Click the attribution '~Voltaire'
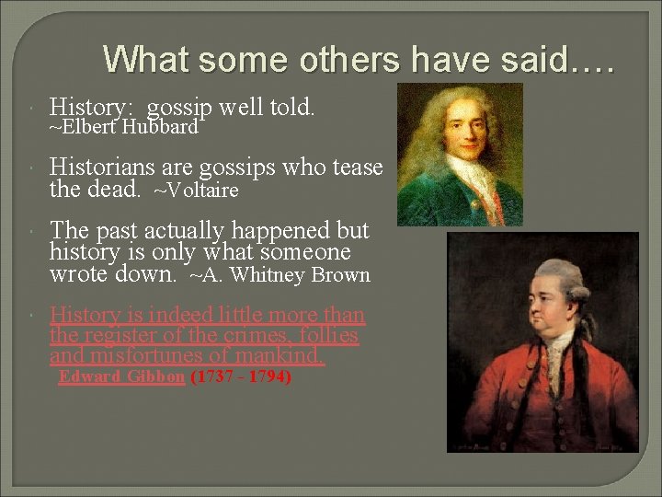[196, 191]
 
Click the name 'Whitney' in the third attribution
[273, 275]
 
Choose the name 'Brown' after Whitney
[341, 275]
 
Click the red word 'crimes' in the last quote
[241, 336]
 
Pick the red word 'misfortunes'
[156, 356]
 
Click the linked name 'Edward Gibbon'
[121, 377]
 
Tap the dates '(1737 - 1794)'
[241, 377]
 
